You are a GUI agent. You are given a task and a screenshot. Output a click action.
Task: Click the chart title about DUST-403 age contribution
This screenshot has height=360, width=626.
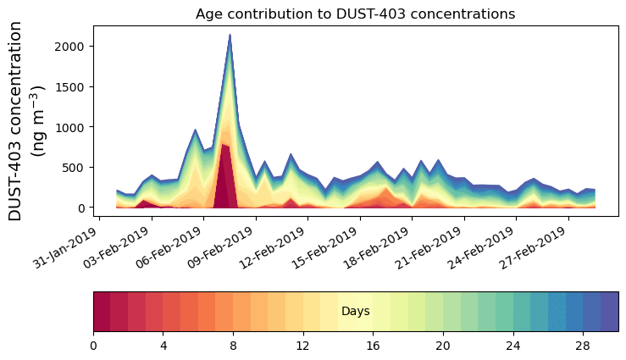point(355,14)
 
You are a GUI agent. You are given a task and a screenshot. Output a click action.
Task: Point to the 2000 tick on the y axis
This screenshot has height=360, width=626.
point(71,46)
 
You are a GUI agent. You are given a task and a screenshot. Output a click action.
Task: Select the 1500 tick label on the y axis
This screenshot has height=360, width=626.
point(71,86)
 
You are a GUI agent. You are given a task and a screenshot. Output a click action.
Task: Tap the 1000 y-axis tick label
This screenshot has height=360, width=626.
point(71,127)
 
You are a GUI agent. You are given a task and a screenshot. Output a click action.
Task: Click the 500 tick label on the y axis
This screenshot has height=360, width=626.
point(75,167)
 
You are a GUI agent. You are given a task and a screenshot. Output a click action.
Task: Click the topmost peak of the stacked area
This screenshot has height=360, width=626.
point(230,36)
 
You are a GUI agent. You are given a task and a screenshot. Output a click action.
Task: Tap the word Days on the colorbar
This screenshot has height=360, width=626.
point(355,312)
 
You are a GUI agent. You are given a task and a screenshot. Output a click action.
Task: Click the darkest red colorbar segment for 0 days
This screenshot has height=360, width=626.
point(102,312)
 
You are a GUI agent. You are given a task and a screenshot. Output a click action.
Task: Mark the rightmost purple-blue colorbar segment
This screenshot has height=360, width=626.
point(609,312)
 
